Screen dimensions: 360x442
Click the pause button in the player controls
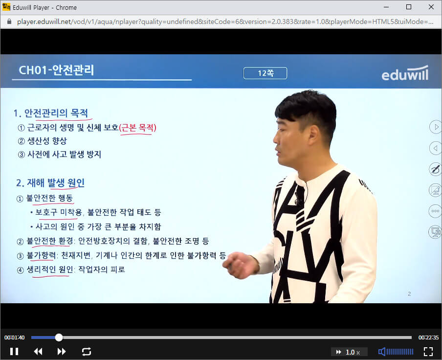[x=14, y=351]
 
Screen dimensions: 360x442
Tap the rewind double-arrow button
[x=38, y=351]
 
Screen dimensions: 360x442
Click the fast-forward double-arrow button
[x=62, y=351]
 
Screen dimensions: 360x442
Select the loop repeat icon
[x=87, y=351]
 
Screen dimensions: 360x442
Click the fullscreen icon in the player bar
[x=428, y=351]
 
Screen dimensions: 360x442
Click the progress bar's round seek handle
[x=59, y=337]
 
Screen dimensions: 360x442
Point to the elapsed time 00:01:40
[x=15, y=337]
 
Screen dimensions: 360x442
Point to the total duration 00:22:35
[x=428, y=337]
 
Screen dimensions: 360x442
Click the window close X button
[x=431, y=7]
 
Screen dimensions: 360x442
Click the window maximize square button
[x=409, y=7]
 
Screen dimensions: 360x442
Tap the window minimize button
[x=386, y=7]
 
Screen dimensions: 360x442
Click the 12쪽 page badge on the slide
[x=265, y=73]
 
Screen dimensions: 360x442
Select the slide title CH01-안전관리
[x=56, y=70]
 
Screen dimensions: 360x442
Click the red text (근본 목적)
[x=137, y=128]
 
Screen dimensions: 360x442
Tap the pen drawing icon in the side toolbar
[x=435, y=169]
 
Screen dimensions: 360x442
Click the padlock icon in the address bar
[x=9, y=22]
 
